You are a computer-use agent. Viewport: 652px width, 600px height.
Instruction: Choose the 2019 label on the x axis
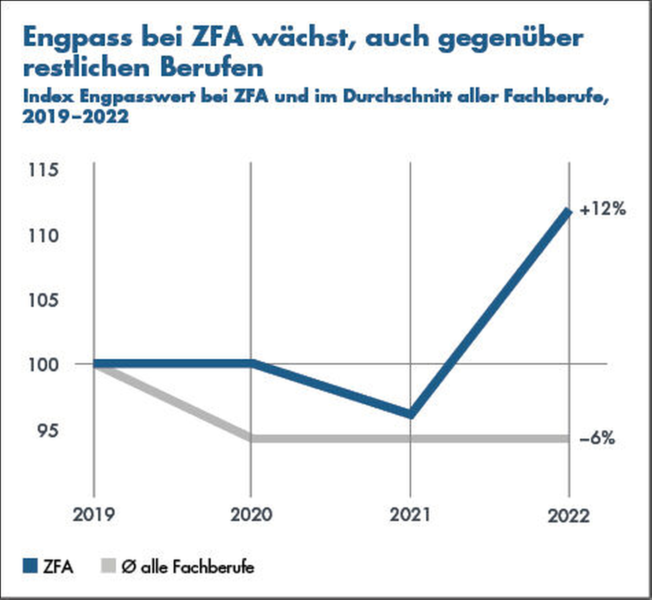click(94, 515)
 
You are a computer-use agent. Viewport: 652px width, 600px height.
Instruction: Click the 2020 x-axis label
click(251, 515)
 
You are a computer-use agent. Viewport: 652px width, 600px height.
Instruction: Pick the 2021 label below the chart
click(410, 515)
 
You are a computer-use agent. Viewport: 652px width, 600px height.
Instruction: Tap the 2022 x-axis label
click(569, 516)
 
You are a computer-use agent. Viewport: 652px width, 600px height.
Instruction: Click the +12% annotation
click(603, 209)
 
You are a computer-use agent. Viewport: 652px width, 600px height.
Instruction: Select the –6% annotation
click(597, 438)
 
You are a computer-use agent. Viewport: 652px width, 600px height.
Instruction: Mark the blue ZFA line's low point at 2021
click(410, 414)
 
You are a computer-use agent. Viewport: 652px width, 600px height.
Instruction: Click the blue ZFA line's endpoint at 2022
click(568, 212)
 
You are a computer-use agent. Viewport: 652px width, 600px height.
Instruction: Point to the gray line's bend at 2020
click(251, 438)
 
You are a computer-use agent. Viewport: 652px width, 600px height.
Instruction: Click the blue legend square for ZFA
click(30, 566)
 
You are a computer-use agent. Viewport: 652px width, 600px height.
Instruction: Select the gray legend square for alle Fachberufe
click(108, 566)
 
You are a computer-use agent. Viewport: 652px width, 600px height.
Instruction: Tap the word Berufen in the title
click(211, 68)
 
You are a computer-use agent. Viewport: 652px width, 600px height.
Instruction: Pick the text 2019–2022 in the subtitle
click(76, 117)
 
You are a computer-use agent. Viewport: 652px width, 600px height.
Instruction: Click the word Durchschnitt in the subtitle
click(397, 97)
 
